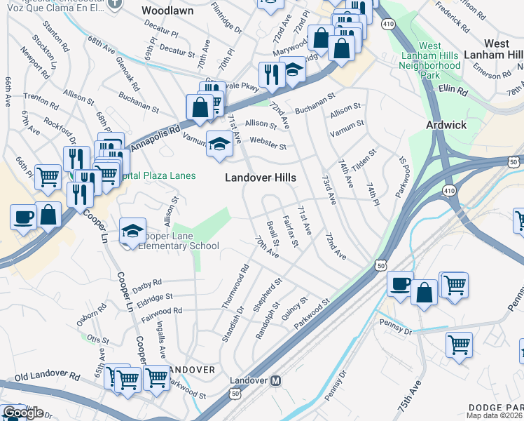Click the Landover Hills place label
click(x=260, y=178)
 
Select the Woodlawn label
click(x=167, y=11)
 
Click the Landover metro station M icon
click(x=276, y=381)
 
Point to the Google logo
click(x=23, y=413)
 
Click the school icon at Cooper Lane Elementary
click(x=132, y=229)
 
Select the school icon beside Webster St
click(x=220, y=144)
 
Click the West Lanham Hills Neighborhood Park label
click(x=429, y=60)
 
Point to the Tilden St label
click(x=366, y=158)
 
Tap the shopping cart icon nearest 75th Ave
click(x=459, y=345)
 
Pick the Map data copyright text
click(x=495, y=415)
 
